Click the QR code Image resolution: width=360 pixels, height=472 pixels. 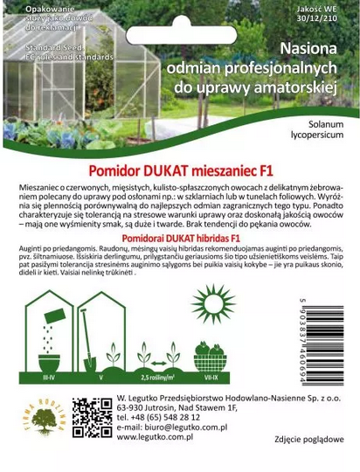click(x=92, y=418)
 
